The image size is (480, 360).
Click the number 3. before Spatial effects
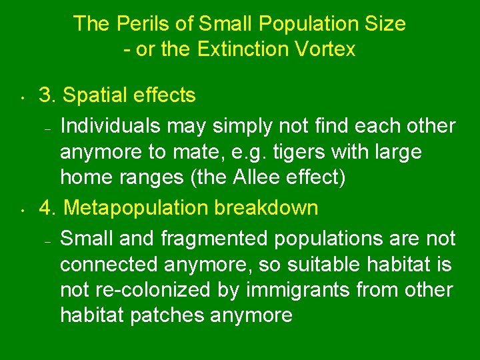click(x=47, y=95)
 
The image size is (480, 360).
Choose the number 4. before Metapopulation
click(x=48, y=207)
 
